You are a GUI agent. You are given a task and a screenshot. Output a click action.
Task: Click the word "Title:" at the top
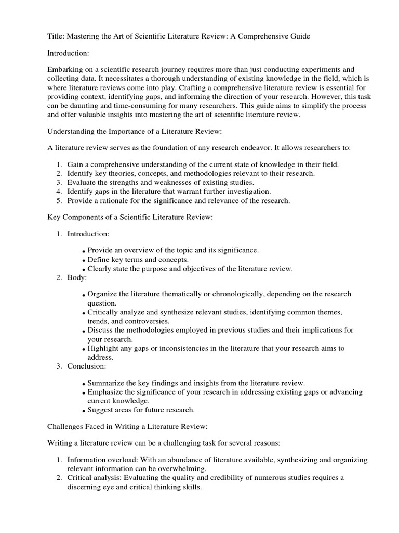click(56, 36)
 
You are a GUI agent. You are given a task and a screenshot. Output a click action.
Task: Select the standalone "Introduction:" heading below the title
click(69, 53)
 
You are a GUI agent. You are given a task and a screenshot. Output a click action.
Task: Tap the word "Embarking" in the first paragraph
click(65, 69)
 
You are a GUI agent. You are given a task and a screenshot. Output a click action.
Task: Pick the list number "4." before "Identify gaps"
click(60, 191)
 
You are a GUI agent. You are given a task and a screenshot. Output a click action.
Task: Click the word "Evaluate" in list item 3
click(81, 182)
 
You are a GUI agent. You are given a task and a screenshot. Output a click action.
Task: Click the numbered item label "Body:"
click(77, 277)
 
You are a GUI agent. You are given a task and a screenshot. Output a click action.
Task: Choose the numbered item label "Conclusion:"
click(87, 366)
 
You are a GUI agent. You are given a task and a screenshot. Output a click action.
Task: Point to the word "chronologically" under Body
click(234, 294)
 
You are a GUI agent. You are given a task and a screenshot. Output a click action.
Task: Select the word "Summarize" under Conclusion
click(106, 383)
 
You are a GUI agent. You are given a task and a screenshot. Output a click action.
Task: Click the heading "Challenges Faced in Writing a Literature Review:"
click(128, 426)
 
